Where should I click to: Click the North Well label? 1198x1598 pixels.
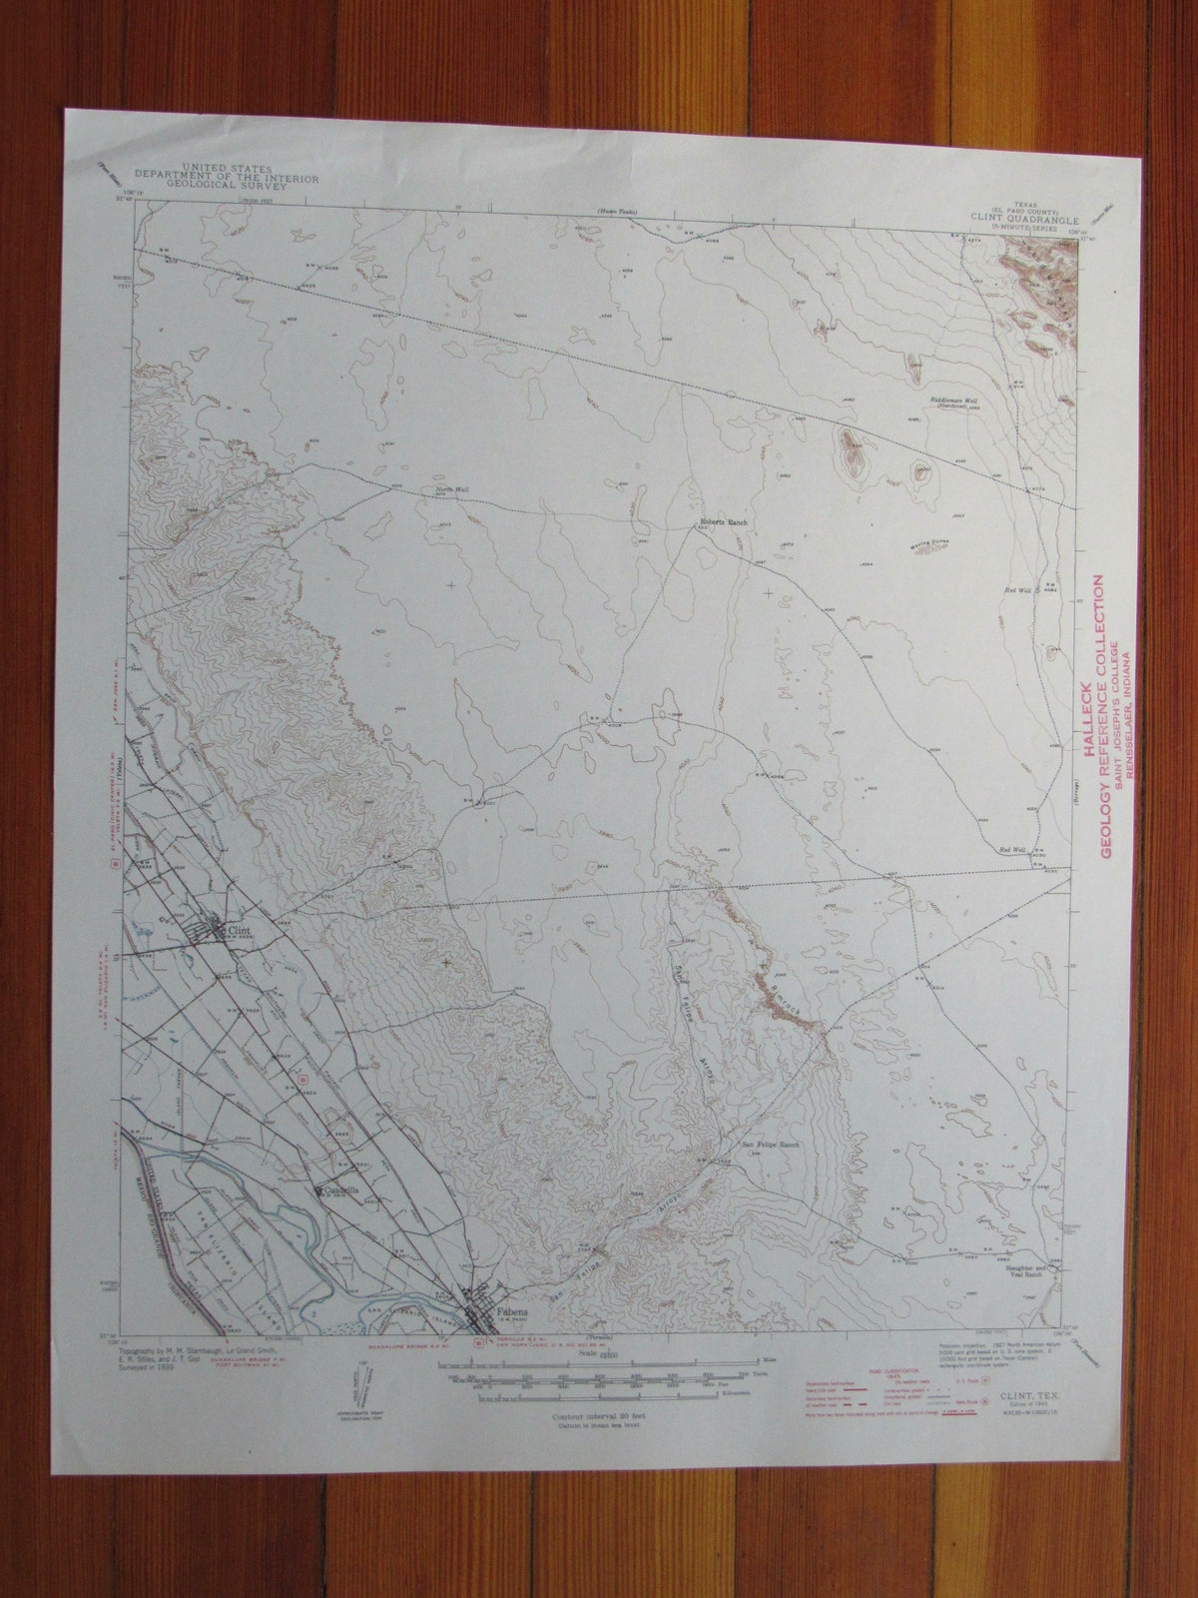point(451,489)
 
